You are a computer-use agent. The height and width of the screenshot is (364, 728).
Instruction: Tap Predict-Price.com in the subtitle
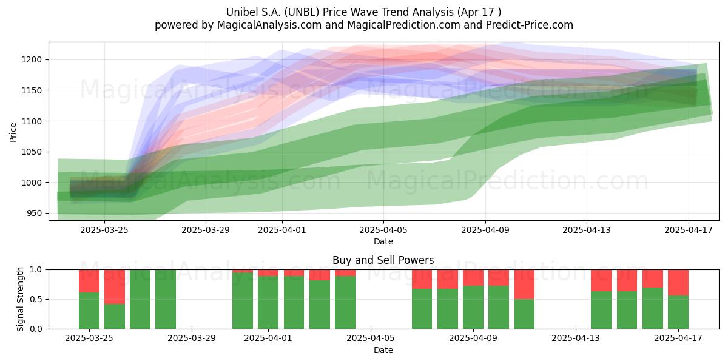tap(529, 25)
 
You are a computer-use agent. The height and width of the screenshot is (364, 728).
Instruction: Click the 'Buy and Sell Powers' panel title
tap(383, 260)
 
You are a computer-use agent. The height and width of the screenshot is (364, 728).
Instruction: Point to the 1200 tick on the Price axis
tap(32, 60)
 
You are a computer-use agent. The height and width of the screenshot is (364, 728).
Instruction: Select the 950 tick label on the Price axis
tap(35, 214)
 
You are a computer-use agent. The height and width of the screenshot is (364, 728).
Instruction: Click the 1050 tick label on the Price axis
tap(32, 152)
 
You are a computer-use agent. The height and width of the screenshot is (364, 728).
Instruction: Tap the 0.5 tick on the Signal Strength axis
tap(36, 299)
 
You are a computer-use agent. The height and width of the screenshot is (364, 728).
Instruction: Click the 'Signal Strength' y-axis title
tap(20, 299)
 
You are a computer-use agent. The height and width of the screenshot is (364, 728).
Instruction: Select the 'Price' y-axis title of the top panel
tap(13, 132)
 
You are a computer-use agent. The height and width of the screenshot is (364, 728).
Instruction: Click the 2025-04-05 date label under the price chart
tap(383, 230)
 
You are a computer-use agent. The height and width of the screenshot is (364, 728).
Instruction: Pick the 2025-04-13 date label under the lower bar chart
tap(576, 338)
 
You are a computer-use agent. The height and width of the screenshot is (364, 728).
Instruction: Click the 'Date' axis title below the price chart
tap(383, 241)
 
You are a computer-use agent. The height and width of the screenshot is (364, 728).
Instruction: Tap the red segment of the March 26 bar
tap(115, 286)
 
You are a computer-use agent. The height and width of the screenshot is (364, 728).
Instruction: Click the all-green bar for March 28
tap(166, 299)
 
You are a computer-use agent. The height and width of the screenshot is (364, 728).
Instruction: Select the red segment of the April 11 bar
tap(525, 285)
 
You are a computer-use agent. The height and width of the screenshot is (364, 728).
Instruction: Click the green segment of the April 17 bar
tap(678, 312)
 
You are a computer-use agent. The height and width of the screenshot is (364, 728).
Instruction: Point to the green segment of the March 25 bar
tap(89, 311)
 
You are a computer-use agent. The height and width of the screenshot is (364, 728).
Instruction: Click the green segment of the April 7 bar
tap(422, 309)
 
